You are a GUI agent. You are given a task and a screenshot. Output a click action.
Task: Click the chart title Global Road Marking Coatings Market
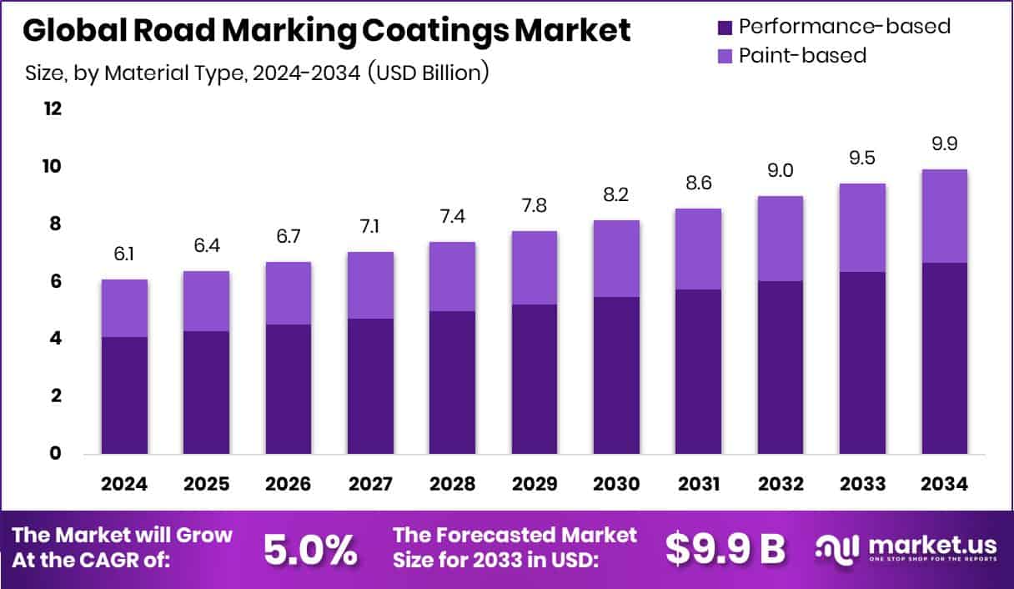click(x=326, y=31)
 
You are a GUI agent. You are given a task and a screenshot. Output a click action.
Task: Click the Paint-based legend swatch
click(x=724, y=56)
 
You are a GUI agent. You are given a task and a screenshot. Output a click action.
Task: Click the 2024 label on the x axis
click(x=124, y=485)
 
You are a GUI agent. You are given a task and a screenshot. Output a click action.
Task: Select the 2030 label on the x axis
click(x=616, y=485)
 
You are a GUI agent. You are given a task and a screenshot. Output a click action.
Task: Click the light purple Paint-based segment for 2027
click(x=370, y=284)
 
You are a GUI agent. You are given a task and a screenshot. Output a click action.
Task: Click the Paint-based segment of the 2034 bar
click(x=944, y=215)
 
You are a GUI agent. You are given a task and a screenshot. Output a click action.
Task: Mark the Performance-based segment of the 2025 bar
click(x=206, y=392)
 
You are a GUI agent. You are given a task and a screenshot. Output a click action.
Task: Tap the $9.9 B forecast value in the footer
click(x=725, y=549)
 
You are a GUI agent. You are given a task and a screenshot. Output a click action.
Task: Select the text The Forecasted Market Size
click(x=515, y=547)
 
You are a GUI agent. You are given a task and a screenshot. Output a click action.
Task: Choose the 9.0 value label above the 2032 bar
click(x=780, y=172)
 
